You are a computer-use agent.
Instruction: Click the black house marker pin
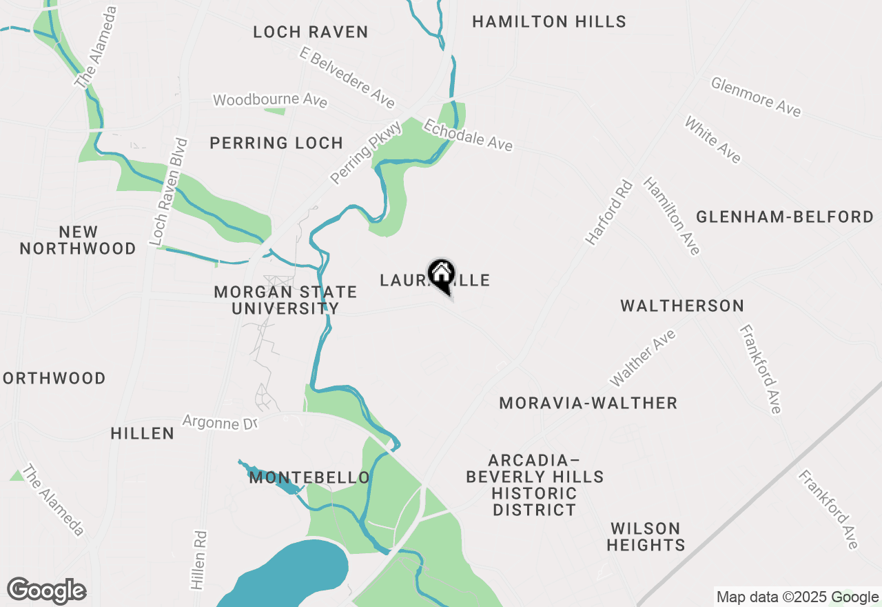[x=441, y=276]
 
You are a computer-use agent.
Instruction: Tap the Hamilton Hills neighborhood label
[x=548, y=22]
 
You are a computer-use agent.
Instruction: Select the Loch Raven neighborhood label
[x=310, y=32]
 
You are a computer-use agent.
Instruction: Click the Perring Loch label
[x=276, y=143]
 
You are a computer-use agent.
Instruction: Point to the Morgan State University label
[x=285, y=300]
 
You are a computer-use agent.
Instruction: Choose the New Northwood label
[x=78, y=240]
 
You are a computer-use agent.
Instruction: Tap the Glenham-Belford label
[x=784, y=217]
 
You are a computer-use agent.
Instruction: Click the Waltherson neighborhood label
[x=681, y=306]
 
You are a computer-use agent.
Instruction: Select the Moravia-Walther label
[x=588, y=403]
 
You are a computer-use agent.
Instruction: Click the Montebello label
[x=309, y=477]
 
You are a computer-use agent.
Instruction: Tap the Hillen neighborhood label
[x=143, y=433]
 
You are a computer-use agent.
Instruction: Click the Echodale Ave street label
[x=468, y=135]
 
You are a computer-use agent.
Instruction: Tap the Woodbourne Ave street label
[x=270, y=99]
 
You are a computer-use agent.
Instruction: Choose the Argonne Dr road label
[x=219, y=421]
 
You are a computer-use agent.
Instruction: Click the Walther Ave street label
[x=643, y=358]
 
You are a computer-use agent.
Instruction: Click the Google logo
[x=47, y=590]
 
